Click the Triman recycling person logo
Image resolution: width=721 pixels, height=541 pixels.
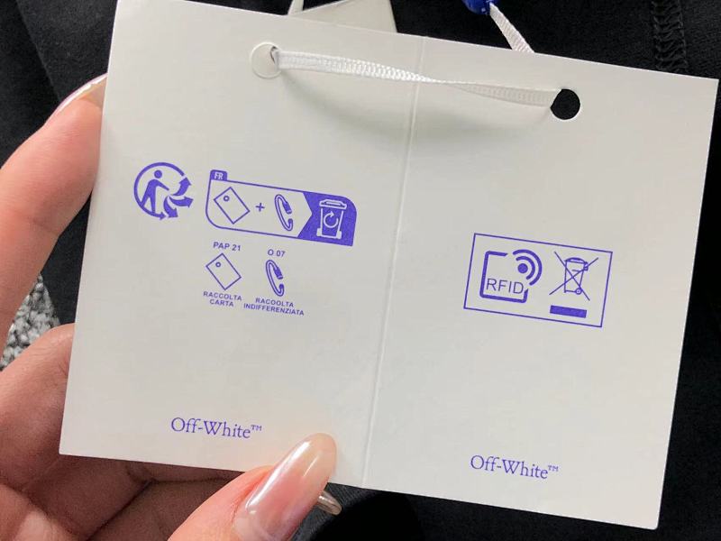coord(164,190)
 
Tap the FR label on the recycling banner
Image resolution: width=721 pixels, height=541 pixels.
coord(218,175)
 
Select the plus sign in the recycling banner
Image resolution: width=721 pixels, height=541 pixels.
coord(260,207)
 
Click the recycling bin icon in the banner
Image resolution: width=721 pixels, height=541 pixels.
coord(330,218)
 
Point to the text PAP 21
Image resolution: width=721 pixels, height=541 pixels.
coord(227,246)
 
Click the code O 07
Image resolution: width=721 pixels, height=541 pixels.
coord(277,252)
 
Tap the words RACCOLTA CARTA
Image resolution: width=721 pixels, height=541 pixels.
coord(222,299)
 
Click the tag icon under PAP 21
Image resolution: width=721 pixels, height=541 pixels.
coord(224,273)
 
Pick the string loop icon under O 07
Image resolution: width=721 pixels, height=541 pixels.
coord(275,278)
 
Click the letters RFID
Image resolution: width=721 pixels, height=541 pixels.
coord(505,287)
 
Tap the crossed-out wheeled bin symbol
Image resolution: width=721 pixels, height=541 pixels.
coord(573,274)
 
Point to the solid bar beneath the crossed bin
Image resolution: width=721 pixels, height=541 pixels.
coord(569,312)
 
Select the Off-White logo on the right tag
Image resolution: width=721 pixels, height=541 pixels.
coord(514,467)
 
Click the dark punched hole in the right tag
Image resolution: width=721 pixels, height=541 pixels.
coord(565,104)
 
